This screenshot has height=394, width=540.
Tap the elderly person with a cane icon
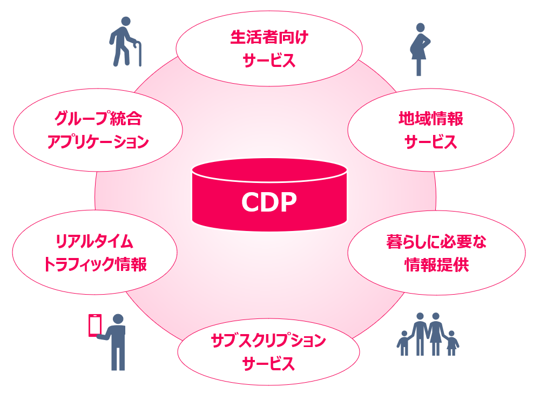(123, 42)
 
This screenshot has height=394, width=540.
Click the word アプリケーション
(98, 142)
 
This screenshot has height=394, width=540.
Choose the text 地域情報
(430, 119)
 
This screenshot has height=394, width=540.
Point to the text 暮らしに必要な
(436, 242)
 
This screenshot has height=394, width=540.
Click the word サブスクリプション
(268, 340)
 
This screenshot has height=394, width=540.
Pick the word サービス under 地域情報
(430, 142)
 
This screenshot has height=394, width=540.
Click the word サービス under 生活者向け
(269, 60)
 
